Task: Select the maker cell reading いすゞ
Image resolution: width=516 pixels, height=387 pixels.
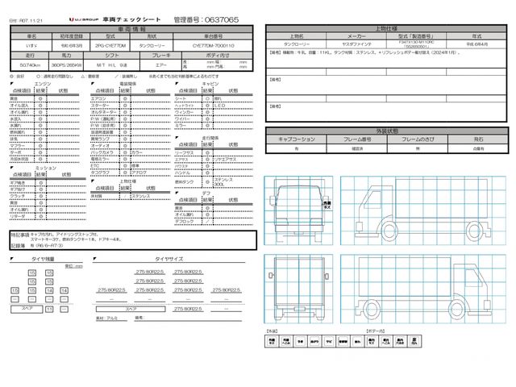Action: pyautogui.click(x=31, y=46)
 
